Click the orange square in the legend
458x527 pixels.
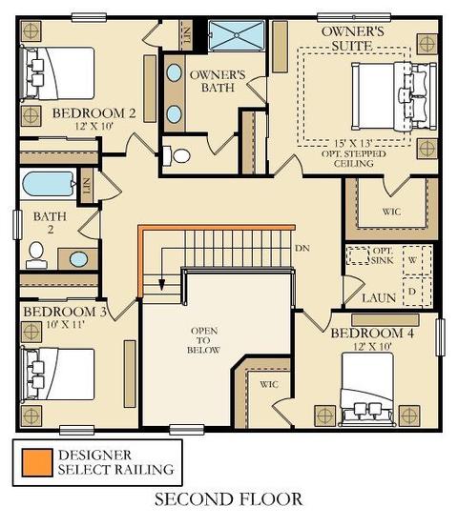(37, 463)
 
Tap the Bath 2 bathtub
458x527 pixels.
(49, 184)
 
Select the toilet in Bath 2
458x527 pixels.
(36, 255)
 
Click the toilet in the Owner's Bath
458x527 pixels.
(177, 155)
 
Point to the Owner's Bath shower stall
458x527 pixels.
(237, 35)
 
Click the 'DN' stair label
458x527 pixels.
(302, 249)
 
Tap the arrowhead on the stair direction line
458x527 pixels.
(162, 284)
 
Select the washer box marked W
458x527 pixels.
(418, 260)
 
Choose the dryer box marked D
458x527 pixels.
(418, 292)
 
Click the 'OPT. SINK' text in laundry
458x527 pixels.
(383, 255)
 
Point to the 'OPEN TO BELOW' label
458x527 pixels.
(203, 340)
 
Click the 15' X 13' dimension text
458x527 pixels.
(353, 144)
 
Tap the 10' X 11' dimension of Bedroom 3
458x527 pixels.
(65, 324)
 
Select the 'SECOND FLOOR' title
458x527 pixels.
(228, 499)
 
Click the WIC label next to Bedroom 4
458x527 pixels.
(269, 384)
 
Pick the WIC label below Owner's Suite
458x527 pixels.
(392, 212)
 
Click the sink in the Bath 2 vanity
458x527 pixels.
(79, 259)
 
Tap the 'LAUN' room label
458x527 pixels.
(379, 298)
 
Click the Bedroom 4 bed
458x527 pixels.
(367, 389)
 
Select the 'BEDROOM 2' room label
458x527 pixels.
(94, 113)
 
